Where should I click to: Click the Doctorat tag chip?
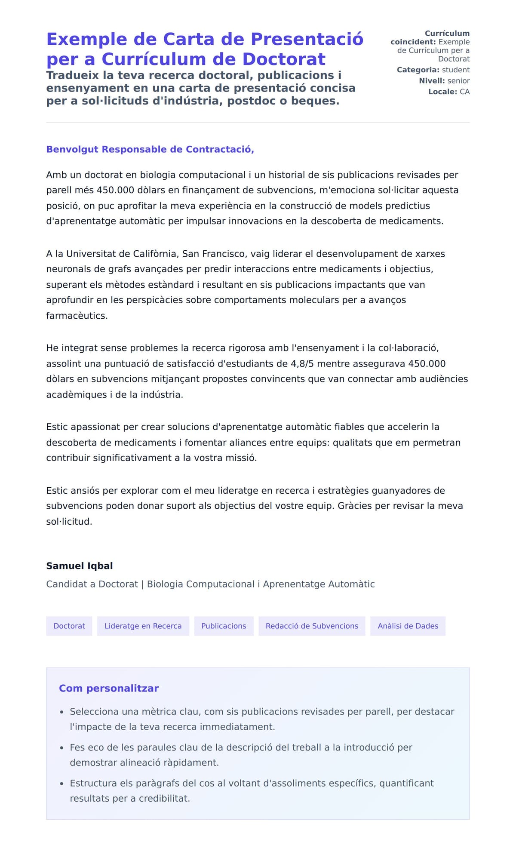click(69, 626)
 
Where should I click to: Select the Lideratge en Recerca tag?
click(143, 626)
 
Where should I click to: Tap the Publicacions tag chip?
click(224, 626)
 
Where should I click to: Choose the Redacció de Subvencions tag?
click(312, 626)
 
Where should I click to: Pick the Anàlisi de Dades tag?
click(408, 626)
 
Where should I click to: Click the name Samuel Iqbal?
click(80, 566)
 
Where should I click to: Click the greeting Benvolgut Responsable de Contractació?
click(150, 149)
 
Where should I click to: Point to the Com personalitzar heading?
click(109, 688)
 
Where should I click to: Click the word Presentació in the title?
click(307, 39)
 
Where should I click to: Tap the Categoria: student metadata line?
click(433, 70)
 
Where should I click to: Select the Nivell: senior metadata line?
click(444, 80)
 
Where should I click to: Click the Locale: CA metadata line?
click(449, 92)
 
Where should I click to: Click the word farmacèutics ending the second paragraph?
click(77, 316)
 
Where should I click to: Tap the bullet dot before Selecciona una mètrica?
click(62, 712)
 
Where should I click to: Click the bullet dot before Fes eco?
click(62, 748)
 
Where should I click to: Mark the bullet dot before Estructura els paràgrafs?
click(62, 784)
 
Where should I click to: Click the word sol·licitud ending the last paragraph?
click(69, 522)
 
